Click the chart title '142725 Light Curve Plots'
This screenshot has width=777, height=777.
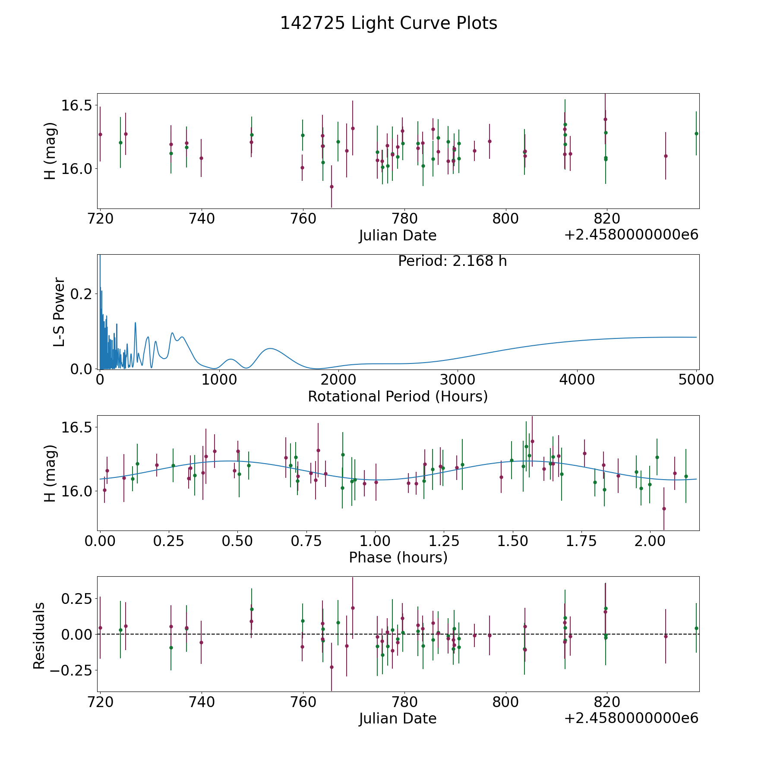point(388,23)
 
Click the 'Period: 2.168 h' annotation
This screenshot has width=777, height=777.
point(452,261)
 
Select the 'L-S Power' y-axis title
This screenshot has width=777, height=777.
point(59,312)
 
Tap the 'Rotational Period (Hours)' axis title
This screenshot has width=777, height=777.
point(398,396)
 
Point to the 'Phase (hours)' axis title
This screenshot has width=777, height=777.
point(398,557)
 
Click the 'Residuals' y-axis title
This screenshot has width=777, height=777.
point(39,636)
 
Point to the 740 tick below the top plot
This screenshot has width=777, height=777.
point(202,219)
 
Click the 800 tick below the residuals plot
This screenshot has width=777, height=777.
point(505,702)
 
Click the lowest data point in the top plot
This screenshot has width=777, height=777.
point(332,186)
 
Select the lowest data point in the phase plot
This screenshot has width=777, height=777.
point(664,509)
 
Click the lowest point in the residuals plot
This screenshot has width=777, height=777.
point(332,667)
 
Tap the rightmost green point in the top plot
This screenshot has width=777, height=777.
point(696,133)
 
